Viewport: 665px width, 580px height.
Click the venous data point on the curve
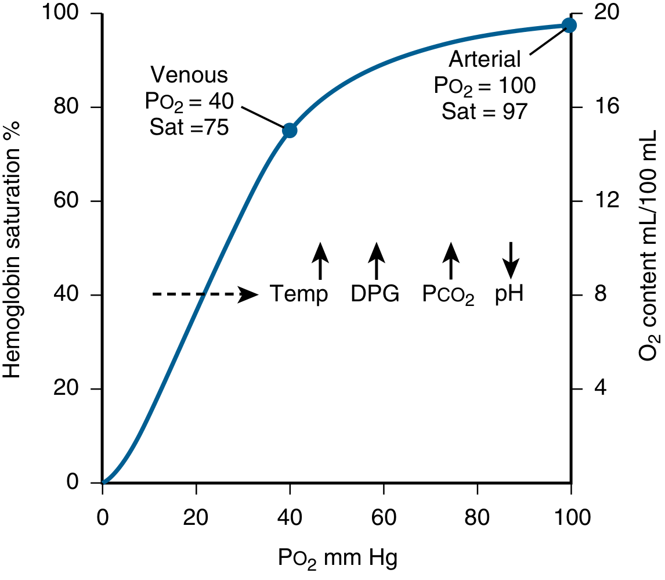coord(290,131)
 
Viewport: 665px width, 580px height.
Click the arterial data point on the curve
coord(569,25)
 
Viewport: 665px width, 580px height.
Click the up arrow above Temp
coord(320,261)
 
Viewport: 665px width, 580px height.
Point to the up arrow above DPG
coord(377,261)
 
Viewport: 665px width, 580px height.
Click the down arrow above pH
coord(511,260)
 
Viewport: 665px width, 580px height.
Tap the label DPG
coord(375,294)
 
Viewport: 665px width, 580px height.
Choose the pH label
coord(509,294)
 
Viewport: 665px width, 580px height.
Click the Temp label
coord(299,294)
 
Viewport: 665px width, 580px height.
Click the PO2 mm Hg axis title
coord(337,559)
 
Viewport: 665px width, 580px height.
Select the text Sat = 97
coord(485,111)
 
